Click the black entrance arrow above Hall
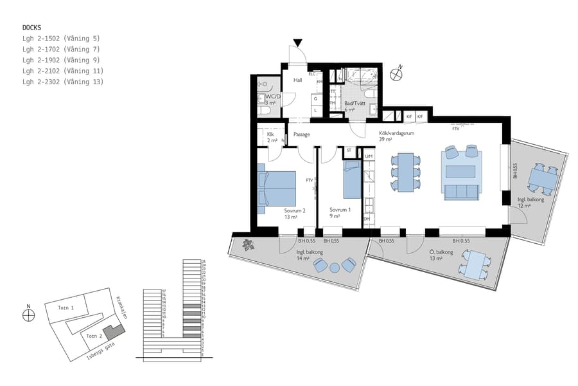coord(297,43)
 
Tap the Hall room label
coord(298,80)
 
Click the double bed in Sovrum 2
coord(276,188)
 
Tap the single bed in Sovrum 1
coord(352,180)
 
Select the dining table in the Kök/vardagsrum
coord(405,172)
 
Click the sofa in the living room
coord(460,191)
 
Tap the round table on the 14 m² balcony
coord(335,267)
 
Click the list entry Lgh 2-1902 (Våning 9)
coord(61,60)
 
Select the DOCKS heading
coord(32,28)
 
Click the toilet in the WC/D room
coord(263,111)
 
